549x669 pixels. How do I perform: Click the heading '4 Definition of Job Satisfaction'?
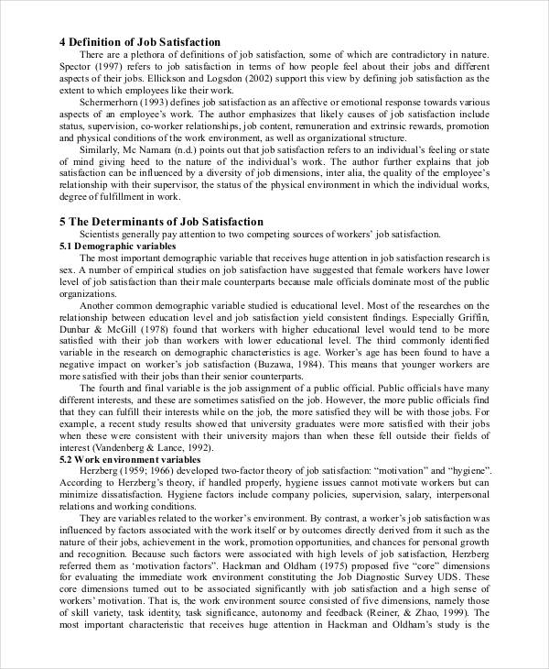[x=139, y=42]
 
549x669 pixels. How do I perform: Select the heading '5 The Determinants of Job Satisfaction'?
[x=161, y=222]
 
